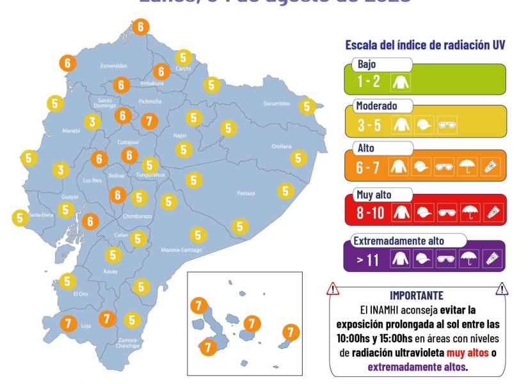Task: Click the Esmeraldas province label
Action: [x=113, y=66]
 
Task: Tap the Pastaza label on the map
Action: [x=246, y=193]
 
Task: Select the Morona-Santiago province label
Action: [x=180, y=250]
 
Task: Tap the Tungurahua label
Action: [x=150, y=175]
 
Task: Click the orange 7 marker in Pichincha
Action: [x=149, y=120]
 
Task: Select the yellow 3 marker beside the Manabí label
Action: [x=92, y=122]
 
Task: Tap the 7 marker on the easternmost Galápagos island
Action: [x=291, y=332]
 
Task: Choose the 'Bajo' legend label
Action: [x=367, y=65]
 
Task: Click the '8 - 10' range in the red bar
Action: [x=371, y=212]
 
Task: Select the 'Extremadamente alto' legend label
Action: [x=399, y=241]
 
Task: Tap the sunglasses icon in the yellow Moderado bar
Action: [x=447, y=125]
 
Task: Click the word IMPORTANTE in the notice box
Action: [x=416, y=296]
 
